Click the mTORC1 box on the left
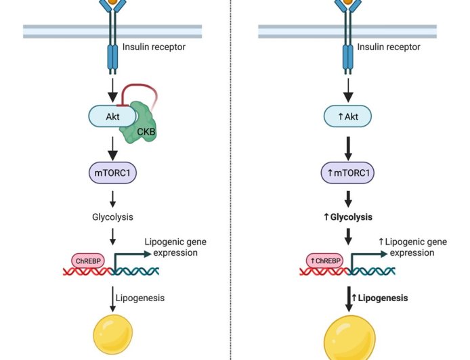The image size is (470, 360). click(112, 173)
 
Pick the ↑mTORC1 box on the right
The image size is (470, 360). click(347, 173)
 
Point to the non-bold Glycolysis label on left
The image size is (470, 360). click(112, 217)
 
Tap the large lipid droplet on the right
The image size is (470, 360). click(348, 338)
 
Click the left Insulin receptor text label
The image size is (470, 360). click(154, 47)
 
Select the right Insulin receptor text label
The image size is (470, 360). click(389, 47)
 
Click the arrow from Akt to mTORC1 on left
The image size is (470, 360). click(112, 145)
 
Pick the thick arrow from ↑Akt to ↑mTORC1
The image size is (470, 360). click(347, 145)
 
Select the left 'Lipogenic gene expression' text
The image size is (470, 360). click(171, 247)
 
